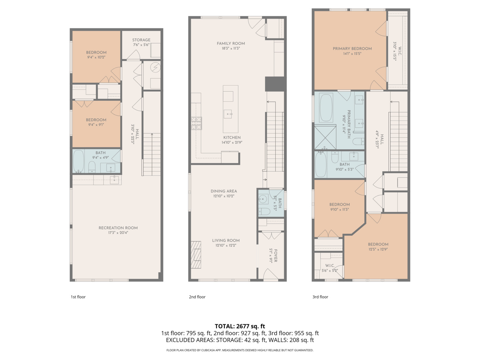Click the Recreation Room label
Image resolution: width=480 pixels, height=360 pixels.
point(118,228)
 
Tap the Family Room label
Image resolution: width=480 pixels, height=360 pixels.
point(231,43)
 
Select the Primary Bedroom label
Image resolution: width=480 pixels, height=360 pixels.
point(352,49)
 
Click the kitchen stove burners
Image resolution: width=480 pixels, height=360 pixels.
point(196,123)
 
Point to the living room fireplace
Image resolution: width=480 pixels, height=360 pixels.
point(196,254)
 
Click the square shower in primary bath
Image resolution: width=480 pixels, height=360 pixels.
point(325,137)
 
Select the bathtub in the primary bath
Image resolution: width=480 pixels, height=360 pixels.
point(326,108)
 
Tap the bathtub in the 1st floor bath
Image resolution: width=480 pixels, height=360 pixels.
point(78,161)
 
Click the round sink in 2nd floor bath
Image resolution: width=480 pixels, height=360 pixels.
point(263,200)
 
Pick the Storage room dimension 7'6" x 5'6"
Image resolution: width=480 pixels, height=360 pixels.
point(141,45)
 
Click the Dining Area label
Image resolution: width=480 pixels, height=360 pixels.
point(224,191)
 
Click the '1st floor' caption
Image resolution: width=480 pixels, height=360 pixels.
point(78,297)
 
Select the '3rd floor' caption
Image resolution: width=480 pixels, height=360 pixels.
point(320,297)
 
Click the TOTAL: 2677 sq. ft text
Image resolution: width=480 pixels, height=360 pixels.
point(240,326)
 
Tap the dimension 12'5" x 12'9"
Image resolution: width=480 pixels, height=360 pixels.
point(378,249)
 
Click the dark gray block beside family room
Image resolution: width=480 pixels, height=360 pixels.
point(275,84)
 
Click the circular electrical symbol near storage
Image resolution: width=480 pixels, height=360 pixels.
point(155,68)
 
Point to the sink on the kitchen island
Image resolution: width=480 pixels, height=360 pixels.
point(228,114)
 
